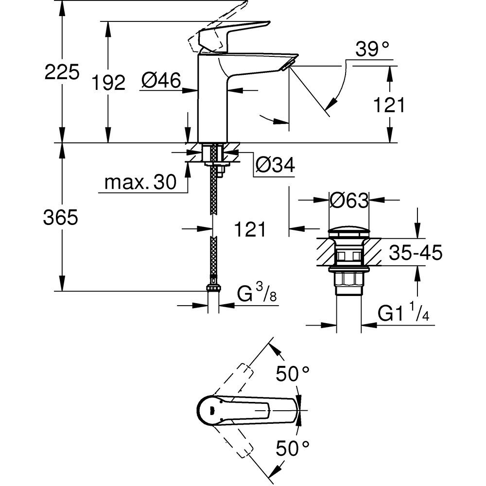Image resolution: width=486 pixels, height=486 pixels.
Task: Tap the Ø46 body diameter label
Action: (161, 80)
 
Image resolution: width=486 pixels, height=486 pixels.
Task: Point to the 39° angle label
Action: (373, 49)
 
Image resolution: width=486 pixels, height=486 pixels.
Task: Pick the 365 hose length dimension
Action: (60, 218)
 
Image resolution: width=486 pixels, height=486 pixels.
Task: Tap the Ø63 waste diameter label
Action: (349, 200)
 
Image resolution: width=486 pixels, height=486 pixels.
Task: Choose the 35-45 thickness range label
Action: (416, 253)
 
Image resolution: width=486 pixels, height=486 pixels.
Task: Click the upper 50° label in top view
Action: (293, 374)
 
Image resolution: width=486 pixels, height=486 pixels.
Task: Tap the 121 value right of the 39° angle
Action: (389, 104)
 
